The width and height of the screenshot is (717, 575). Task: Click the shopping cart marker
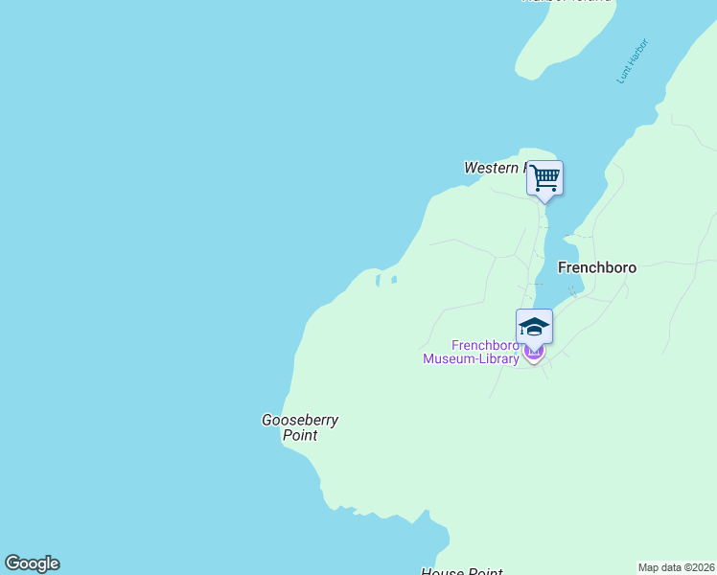point(544,178)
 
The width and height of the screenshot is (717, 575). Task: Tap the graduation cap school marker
point(534,326)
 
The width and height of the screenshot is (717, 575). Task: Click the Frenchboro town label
point(597,268)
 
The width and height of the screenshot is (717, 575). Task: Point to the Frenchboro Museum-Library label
point(472,352)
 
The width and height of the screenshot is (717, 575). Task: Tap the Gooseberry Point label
point(300,427)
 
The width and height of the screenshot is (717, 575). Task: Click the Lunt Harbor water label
point(633,60)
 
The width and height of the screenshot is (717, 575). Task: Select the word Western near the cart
point(491,168)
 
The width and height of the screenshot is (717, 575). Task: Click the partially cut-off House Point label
point(462,572)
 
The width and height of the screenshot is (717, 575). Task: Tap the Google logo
point(32,563)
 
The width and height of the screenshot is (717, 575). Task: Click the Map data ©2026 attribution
point(676,567)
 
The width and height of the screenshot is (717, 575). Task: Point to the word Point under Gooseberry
point(300,435)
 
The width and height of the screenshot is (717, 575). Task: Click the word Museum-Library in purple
point(472,359)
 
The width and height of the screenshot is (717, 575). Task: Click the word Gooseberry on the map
point(300,420)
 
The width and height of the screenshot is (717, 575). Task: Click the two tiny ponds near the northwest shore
point(385,281)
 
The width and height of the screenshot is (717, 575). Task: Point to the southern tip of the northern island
point(524,75)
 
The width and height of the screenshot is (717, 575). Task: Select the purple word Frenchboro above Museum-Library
point(485,345)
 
